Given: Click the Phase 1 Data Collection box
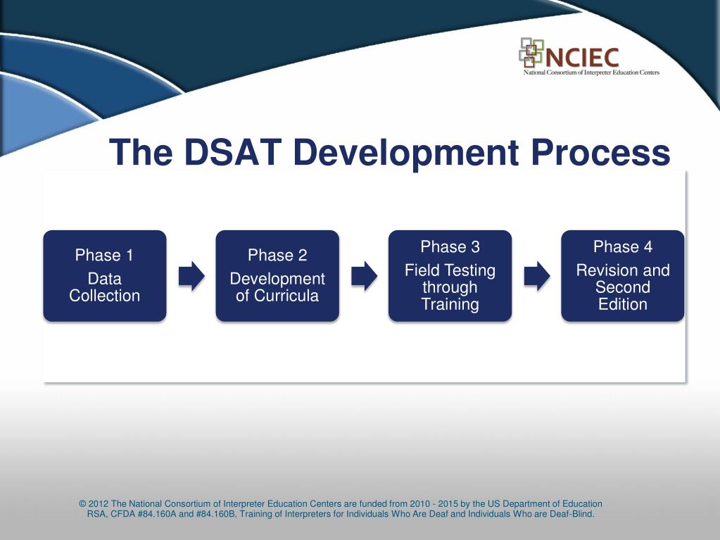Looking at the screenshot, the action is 105,275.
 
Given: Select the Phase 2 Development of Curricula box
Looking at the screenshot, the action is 277,275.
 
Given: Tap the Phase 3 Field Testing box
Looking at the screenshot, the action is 450,275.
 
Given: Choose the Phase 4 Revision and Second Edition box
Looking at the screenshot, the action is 623,275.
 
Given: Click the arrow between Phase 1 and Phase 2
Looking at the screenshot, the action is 191,276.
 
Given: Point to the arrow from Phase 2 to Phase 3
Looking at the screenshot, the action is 364,276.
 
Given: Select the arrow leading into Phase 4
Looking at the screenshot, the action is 537,276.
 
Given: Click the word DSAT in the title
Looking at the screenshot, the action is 232,152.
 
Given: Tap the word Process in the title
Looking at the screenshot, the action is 600,152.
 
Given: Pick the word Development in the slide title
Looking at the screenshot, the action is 406,153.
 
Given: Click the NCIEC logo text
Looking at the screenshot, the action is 582,58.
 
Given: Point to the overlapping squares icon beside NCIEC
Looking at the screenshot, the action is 531,52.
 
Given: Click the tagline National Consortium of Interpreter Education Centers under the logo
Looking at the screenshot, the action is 591,73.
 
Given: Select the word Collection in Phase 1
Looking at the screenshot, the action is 105,296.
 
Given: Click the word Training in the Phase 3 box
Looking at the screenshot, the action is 450,304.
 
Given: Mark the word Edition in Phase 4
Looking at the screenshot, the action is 623,304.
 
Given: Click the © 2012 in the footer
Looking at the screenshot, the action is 94,503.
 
